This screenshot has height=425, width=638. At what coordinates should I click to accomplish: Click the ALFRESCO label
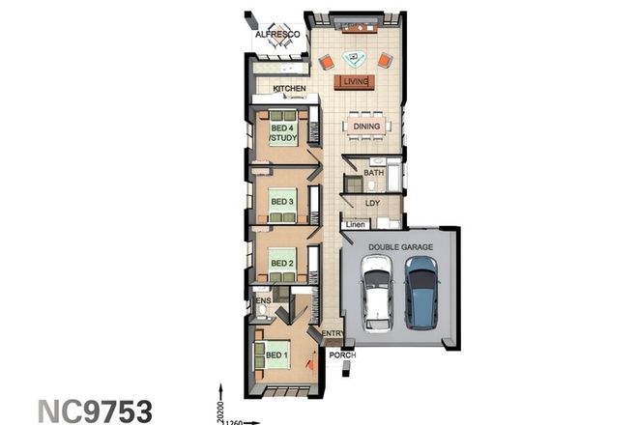[278, 35]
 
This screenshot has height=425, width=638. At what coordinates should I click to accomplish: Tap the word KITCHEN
[289, 89]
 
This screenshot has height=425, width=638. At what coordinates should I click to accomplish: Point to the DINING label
[366, 127]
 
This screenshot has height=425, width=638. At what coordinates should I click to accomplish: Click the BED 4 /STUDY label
[283, 134]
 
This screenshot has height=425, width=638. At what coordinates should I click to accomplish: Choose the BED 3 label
[281, 201]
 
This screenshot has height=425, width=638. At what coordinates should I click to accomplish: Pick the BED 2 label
[281, 263]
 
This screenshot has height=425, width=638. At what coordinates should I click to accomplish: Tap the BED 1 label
[277, 355]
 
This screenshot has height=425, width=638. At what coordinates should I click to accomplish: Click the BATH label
[374, 172]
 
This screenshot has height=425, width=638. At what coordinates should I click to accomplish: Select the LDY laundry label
[373, 204]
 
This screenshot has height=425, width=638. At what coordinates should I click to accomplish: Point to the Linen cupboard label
[356, 226]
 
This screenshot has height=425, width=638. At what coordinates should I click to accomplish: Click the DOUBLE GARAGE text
[399, 247]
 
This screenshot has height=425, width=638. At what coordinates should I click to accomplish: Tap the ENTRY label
[333, 334]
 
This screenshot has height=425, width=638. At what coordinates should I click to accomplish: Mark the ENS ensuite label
[262, 301]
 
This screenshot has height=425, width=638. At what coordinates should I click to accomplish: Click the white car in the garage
[376, 293]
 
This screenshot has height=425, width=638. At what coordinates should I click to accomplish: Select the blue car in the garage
[421, 291]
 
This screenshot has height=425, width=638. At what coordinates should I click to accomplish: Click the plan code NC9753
[95, 411]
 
